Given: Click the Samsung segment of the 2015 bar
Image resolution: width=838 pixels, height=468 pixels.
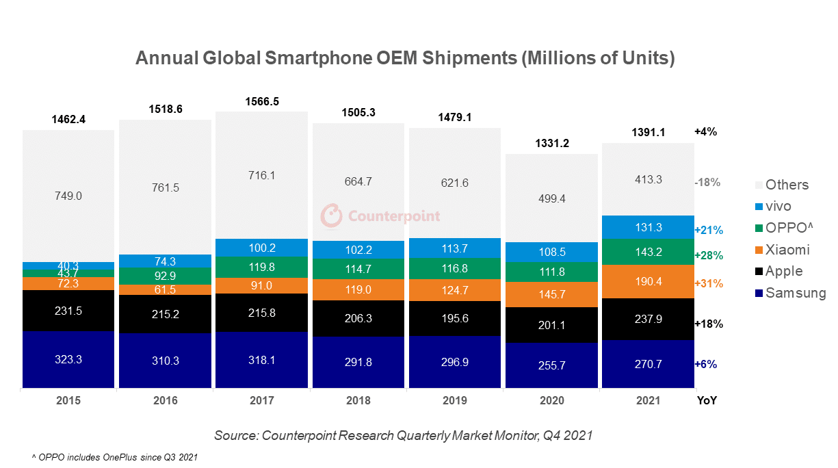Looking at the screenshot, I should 68,359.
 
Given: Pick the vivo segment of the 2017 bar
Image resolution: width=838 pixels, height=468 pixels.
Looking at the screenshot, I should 262,248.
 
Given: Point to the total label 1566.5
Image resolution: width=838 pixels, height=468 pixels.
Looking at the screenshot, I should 262,102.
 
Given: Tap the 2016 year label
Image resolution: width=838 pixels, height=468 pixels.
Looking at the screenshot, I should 165,401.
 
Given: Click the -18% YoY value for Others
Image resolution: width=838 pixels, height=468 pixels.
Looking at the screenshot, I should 707,183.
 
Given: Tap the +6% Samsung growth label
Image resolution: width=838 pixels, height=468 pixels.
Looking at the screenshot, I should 705,364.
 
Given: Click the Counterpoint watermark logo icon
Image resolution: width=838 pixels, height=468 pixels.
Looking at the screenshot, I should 332,216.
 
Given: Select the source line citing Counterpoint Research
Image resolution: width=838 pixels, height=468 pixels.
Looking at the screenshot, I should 403,435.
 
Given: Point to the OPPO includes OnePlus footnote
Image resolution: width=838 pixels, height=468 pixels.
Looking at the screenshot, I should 114,456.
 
